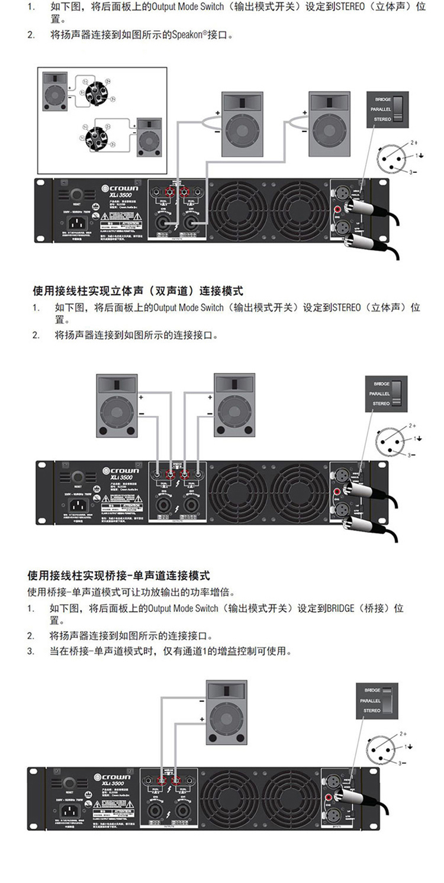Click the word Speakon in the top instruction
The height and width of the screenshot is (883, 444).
click(x=188, y=36)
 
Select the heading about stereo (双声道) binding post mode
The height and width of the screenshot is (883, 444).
click(x=137, y=291)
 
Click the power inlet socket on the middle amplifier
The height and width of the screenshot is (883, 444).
click(x=78, y=506)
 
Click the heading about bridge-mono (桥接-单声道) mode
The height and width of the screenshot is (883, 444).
click(x=118, y=576)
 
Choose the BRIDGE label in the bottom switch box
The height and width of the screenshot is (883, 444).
click(x=372, y=691)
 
